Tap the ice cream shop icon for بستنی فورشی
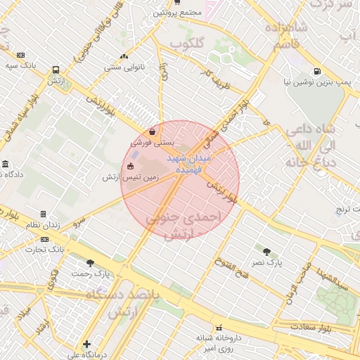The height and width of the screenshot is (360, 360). [x=153, y=131]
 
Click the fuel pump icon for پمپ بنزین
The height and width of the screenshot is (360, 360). [x=318, y=71]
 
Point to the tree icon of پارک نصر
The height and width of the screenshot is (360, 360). [x=266, y=251]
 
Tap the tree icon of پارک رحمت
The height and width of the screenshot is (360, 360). [x=90, y=263]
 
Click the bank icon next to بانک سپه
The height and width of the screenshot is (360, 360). [x=20, y=55]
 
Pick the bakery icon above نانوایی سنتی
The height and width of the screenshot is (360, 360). [x=124, y=56]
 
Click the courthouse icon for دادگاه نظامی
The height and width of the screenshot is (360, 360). [x=6, y=164]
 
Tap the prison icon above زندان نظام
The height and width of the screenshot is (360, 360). [x=43, y=214]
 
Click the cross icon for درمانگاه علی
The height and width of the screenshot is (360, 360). [x=86, y=344]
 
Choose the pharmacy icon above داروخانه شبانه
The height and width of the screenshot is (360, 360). [x=219, y=327]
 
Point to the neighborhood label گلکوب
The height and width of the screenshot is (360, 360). [x=187, y=43]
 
